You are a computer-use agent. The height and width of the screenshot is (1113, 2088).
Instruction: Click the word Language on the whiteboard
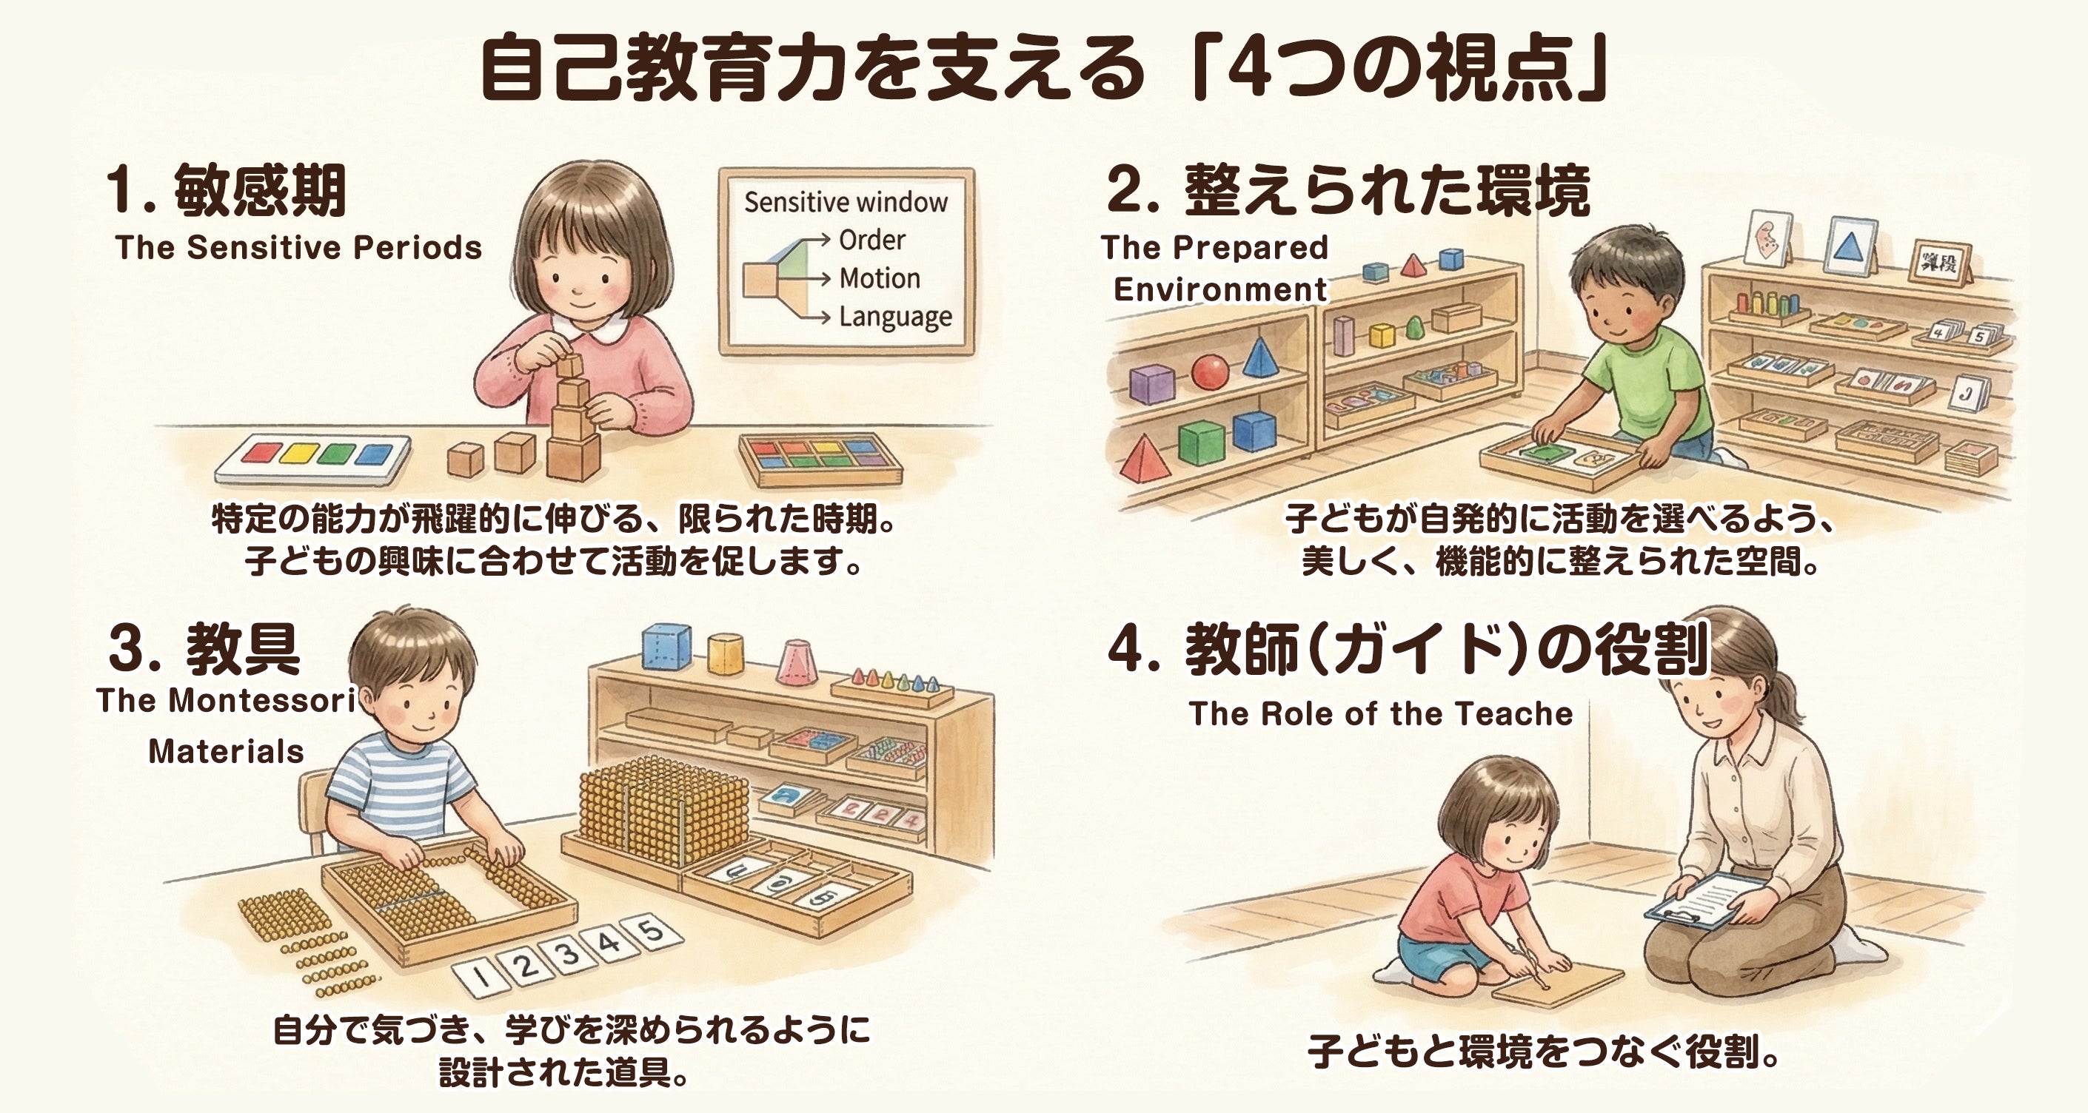895,316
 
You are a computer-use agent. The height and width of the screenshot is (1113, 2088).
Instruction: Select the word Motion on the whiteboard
880,278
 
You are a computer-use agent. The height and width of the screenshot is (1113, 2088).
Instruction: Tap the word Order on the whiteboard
871,240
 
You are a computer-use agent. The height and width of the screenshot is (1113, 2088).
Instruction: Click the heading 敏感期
260,190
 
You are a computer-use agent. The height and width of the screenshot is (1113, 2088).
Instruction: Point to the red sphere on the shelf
1209,371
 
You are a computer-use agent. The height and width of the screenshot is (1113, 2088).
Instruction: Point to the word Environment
1220,289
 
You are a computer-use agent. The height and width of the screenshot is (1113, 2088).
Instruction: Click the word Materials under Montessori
226,751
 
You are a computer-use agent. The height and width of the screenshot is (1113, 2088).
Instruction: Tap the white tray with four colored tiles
313,459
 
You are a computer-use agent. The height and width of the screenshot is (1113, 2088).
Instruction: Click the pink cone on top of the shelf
797,662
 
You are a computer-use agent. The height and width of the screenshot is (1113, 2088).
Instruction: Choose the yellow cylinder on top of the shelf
726,653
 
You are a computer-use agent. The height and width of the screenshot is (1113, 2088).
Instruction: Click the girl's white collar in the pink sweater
598,328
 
